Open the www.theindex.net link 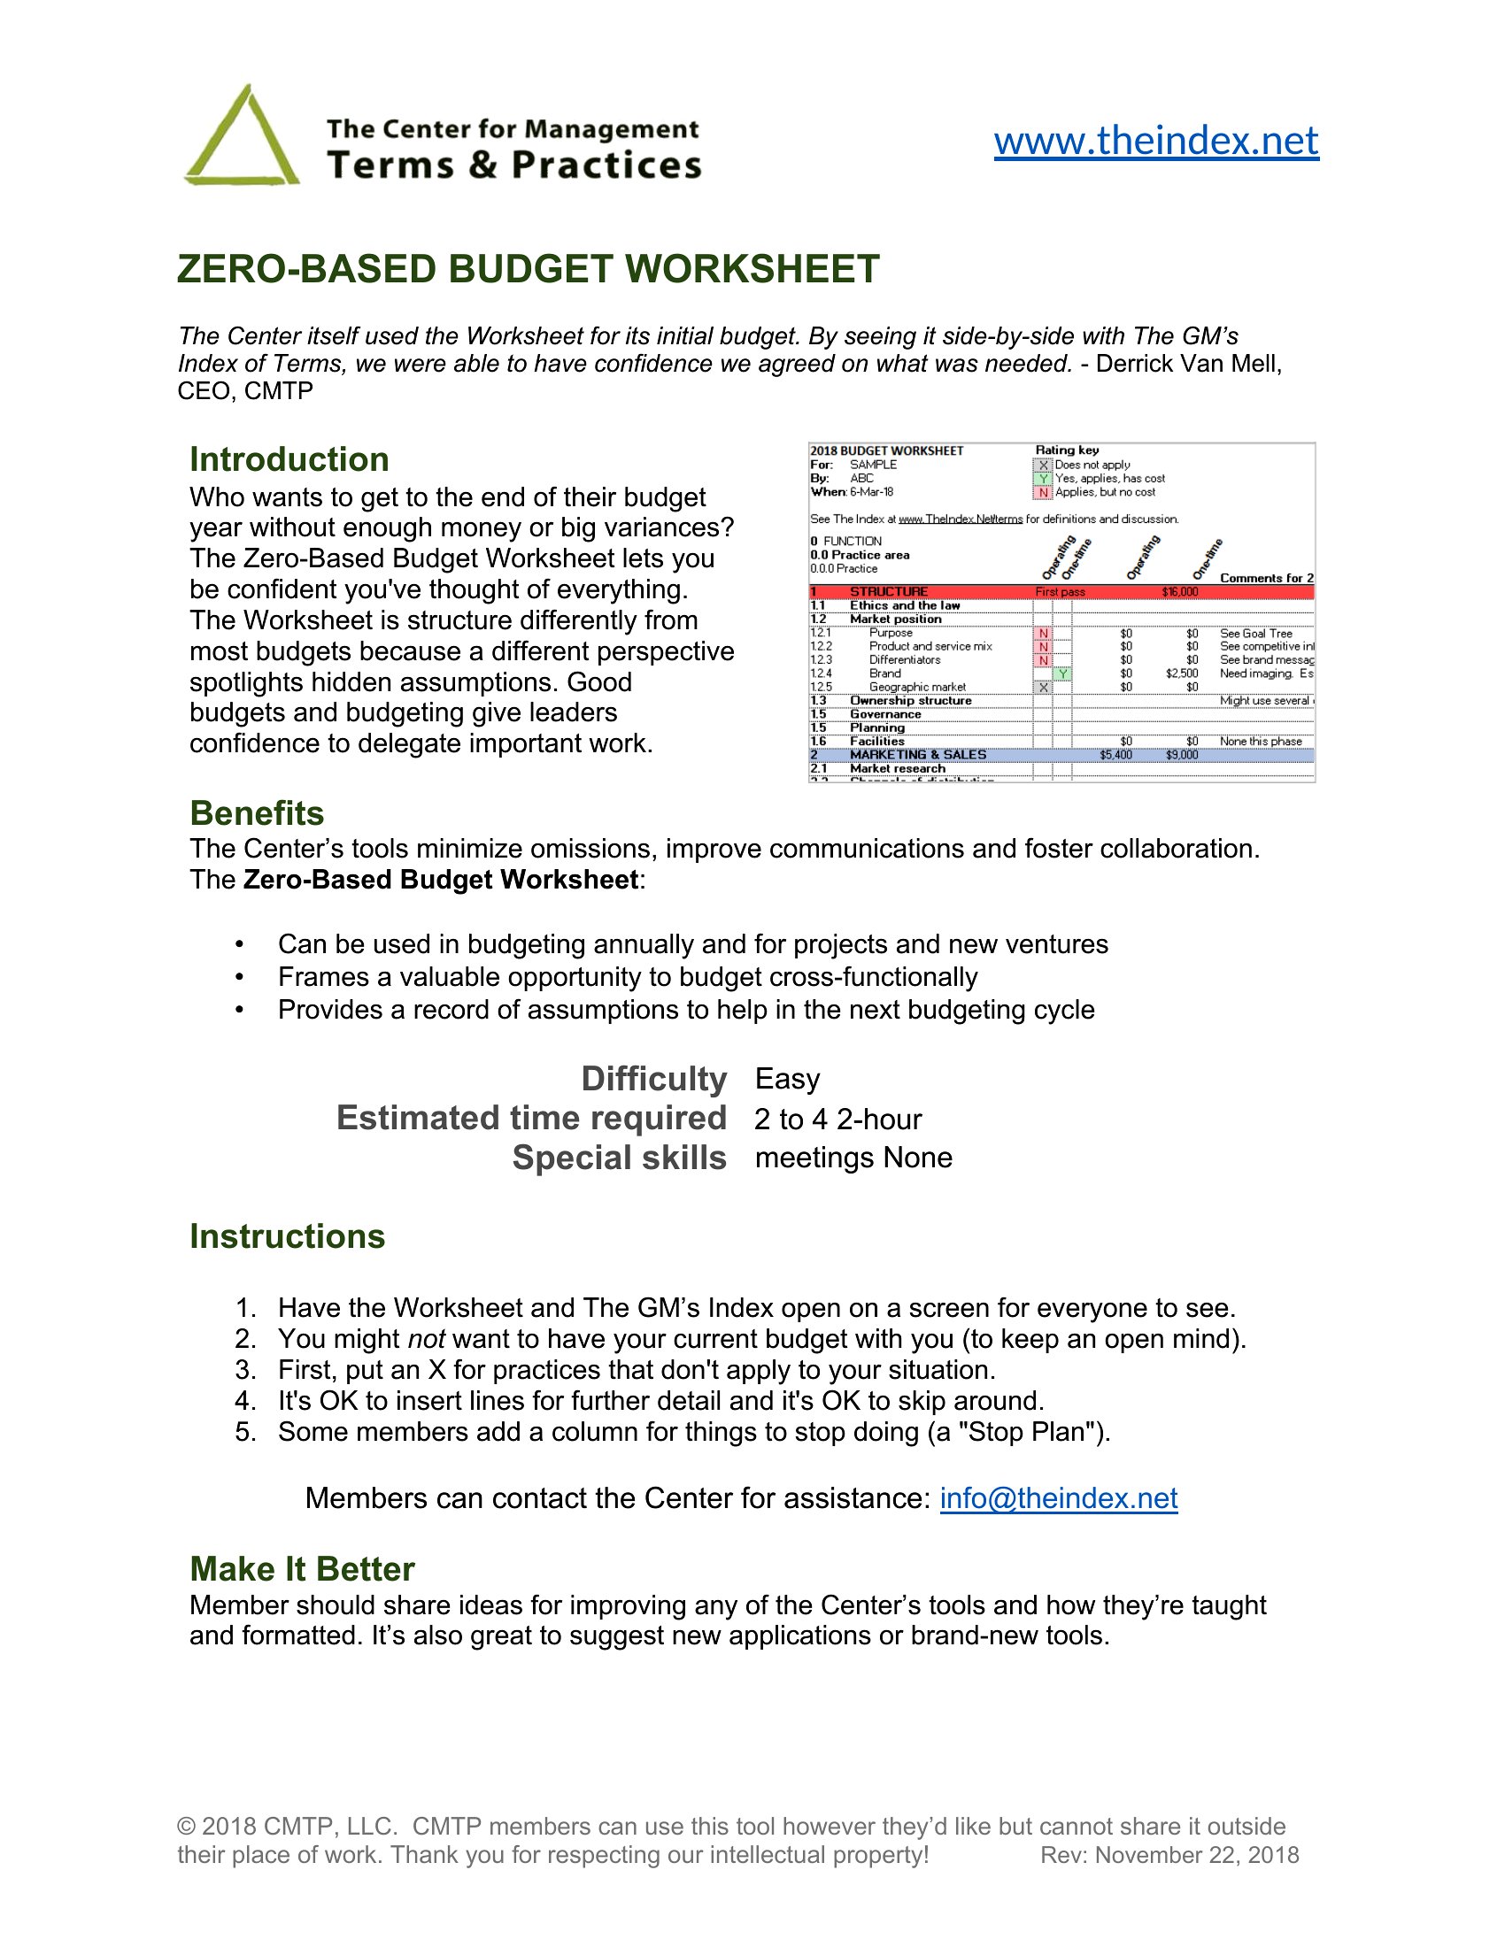[1155, 141]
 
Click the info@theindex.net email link [1058, 1498]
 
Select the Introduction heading [289, 459]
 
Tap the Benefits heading [257, 813]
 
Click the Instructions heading [287, 1236]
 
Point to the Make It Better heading [302, 1569]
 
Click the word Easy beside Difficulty [787, 1079]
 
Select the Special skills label [619, 1158]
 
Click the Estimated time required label [531, 1118]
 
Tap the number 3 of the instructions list [245, 1369]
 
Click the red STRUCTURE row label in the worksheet [888, 592]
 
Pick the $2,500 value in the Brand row [1181, 674]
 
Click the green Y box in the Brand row [1062, 674]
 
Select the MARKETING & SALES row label [917, 755]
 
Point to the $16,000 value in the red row [1179, 592]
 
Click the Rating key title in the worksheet [1067, 450]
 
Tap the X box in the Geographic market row [1043, 688]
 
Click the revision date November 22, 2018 [1197, 1855]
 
